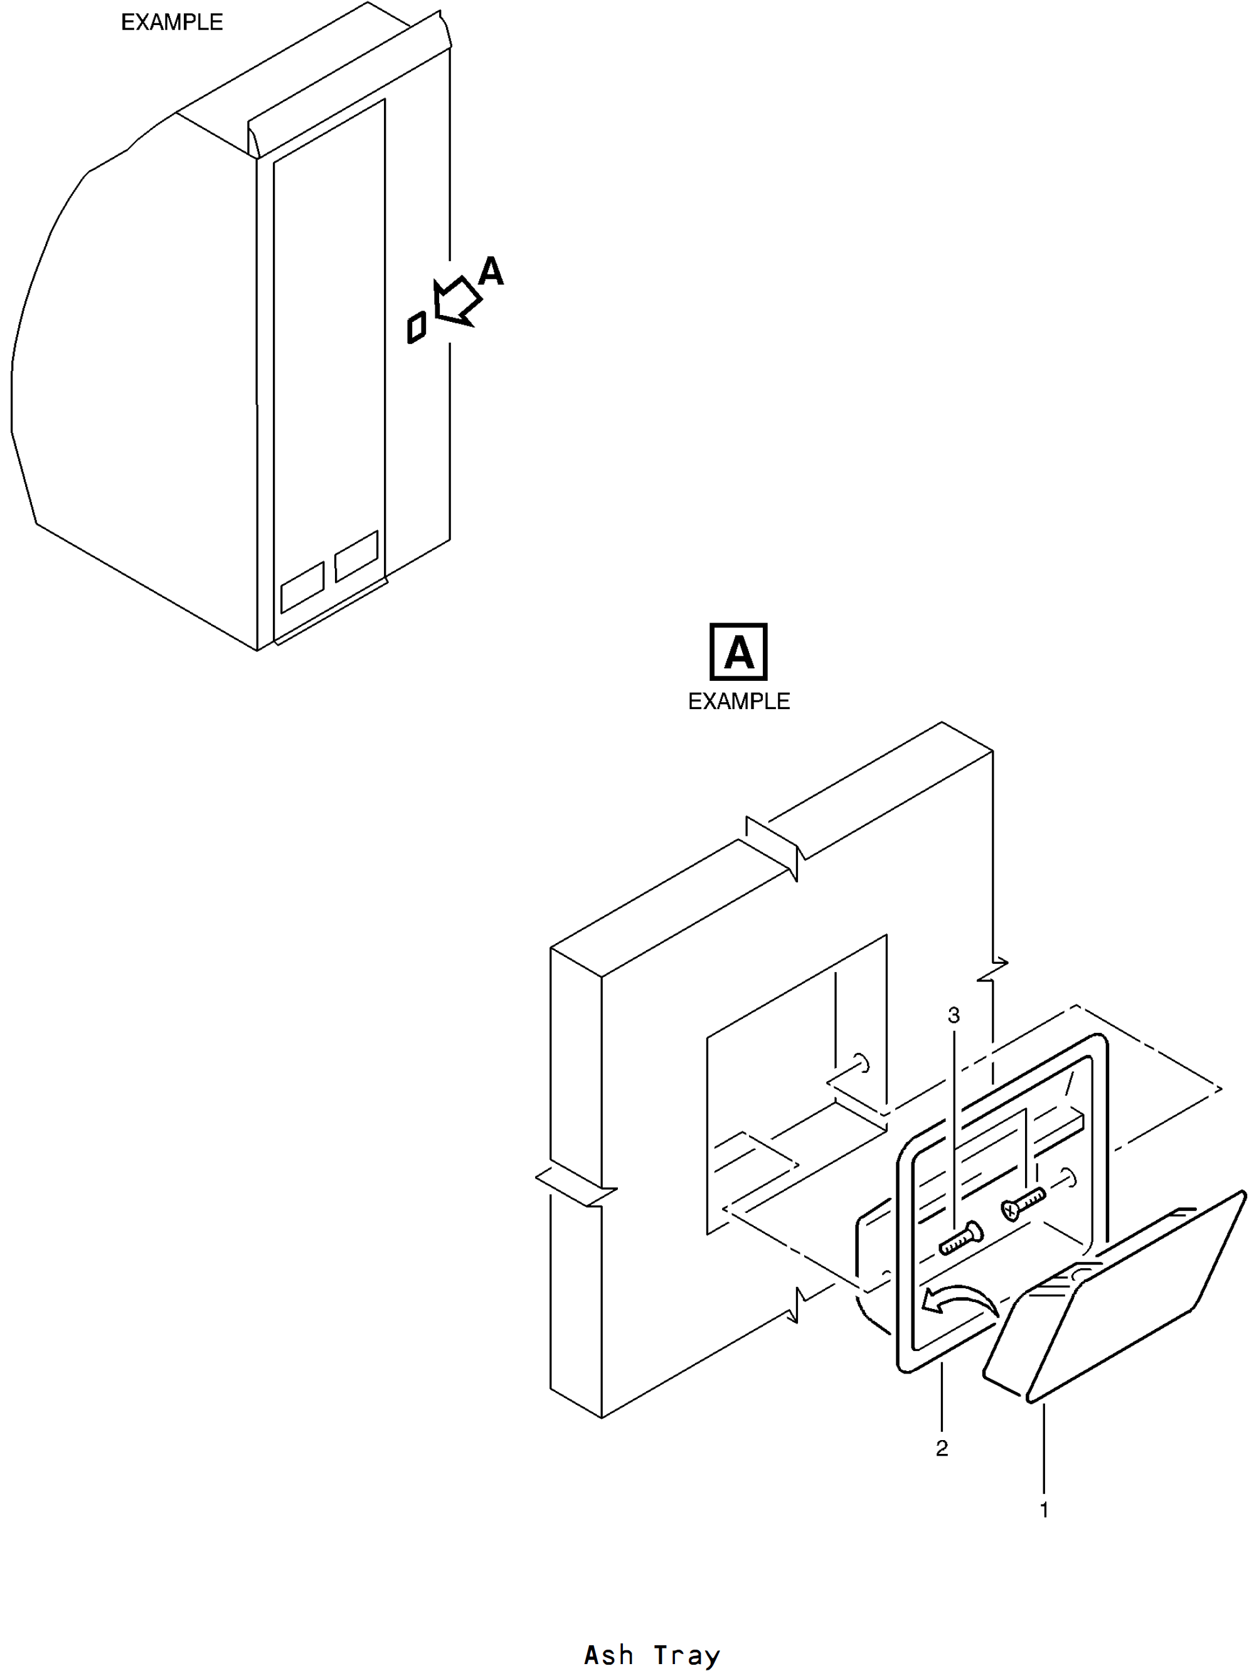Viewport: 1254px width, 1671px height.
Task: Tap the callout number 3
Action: pyautogui.click(x=954, y=1015)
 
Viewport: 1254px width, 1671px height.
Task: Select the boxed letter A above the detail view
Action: pyautogui.click(x=739, y=652)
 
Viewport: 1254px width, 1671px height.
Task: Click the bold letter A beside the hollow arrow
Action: pyautogui.click(x=491, y=270)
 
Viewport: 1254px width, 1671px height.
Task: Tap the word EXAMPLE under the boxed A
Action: pyautogui.click(x=739, y=702)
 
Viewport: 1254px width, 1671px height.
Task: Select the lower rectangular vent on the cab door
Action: pyautogui.click(x=302, y=587)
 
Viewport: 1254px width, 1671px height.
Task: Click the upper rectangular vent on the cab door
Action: pyautogui.click(x=356, y=556)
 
